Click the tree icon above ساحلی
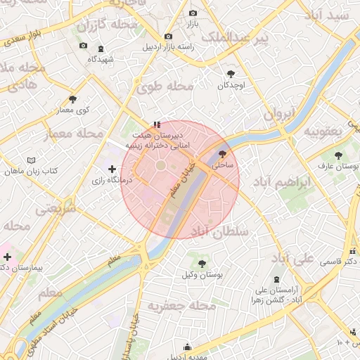[223, 154]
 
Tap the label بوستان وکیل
[202, 275]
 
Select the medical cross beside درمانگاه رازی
[112, 169]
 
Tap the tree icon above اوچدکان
[231, 73]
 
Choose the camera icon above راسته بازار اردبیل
[167, 37]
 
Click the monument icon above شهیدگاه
[101, 49]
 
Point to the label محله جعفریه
[181, 306]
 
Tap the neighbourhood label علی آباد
[292, 259]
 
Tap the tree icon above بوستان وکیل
[202, 264]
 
